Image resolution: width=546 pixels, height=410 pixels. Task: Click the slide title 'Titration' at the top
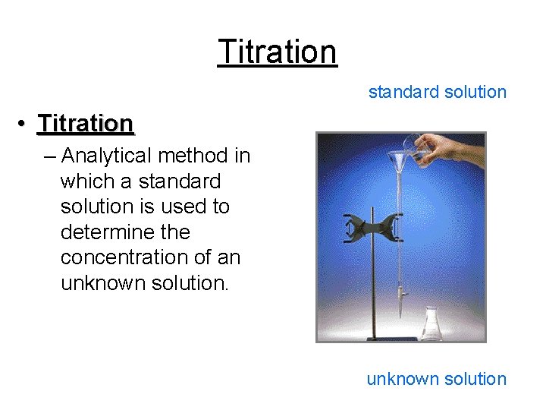point(277,52)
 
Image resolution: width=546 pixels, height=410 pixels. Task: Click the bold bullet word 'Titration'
point(86,123)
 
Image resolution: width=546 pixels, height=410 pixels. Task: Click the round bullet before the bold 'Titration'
point(24,124)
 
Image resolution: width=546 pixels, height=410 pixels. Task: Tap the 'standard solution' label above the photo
point(437,93)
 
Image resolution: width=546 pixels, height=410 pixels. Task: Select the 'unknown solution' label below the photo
point(436,379)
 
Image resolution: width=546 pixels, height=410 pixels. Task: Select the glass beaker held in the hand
point(415,145)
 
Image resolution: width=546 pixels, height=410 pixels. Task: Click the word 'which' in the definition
point(86,181)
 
